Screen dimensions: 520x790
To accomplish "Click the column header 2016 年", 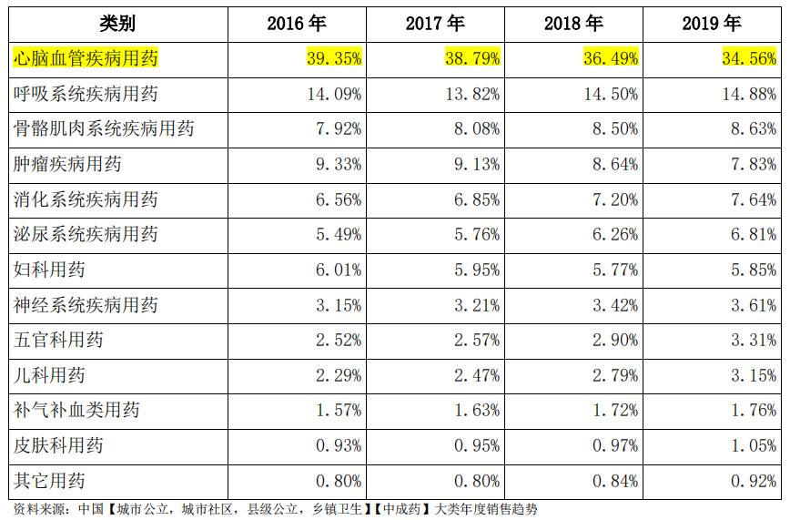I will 297,24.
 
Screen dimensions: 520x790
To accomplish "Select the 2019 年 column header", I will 712,24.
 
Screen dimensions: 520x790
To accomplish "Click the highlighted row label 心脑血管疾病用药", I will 86,59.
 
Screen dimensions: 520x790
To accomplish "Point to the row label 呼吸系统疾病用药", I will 86,94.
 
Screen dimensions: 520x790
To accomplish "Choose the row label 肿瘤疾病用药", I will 68,165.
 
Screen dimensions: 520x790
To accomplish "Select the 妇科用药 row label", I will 50,270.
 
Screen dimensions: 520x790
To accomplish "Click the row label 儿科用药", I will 50,375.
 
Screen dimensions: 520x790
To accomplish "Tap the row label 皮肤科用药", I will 59,445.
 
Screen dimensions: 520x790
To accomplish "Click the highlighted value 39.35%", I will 334,59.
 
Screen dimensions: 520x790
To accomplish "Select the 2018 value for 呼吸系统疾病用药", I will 611,94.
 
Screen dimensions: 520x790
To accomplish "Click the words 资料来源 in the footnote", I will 35,509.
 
